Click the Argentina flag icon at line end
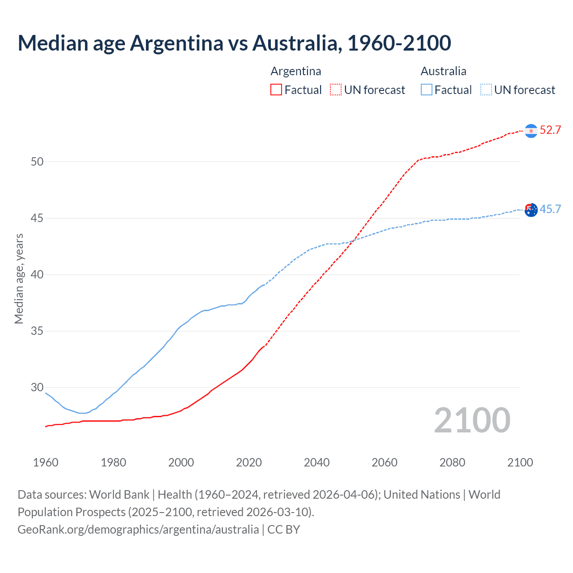pos(531,131)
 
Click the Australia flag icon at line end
pos(531,210)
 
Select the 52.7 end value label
pos(550,130)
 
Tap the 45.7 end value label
pos(550,209)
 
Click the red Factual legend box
pos(276,90)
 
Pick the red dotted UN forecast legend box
pos(336,90)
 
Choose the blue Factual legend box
pos(426,90)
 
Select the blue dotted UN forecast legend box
pos(486,90)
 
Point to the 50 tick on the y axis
pos(37,162)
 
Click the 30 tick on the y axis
pos(37,388)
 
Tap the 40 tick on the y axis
pos(37,274)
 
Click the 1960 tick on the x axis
pos(46,462)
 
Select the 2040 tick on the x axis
pos(316,462)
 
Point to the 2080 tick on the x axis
pos(452,462)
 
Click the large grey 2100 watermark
pos(472,420)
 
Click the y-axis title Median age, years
pos(19,278)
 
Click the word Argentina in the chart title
pos(176,43)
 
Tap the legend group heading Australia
pos(443,71)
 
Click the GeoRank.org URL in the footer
pos(138,530)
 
